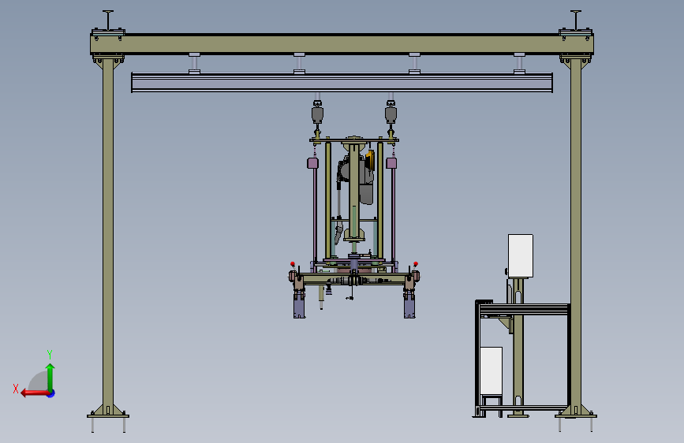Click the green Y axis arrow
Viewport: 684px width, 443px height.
(x=50, y=374)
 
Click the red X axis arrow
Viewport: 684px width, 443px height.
(x=30, y=392)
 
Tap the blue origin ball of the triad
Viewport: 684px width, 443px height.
(x=50, y=393)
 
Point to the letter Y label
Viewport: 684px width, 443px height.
(x=49, y=354)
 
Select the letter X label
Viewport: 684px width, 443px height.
(x=15, y=389)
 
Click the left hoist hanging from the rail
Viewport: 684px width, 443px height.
(x=317, y=114)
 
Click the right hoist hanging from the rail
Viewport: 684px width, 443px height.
(x=391, y=114)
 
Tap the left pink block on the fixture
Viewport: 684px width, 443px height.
(x=312, y=163)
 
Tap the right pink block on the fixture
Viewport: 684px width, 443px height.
(x=391, y=163)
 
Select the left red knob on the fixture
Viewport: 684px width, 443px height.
(x=293, y=264)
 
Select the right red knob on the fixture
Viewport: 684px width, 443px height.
(x=416, y=264)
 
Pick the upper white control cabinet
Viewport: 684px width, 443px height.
(x=520, y=255)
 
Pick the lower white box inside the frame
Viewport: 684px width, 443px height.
(x=491, y=371)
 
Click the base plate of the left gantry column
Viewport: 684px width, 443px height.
(x=107, y=412)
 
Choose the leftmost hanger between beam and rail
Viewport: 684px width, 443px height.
(x=193, y=63)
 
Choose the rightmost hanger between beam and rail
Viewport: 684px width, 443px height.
(x=519, y=63)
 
